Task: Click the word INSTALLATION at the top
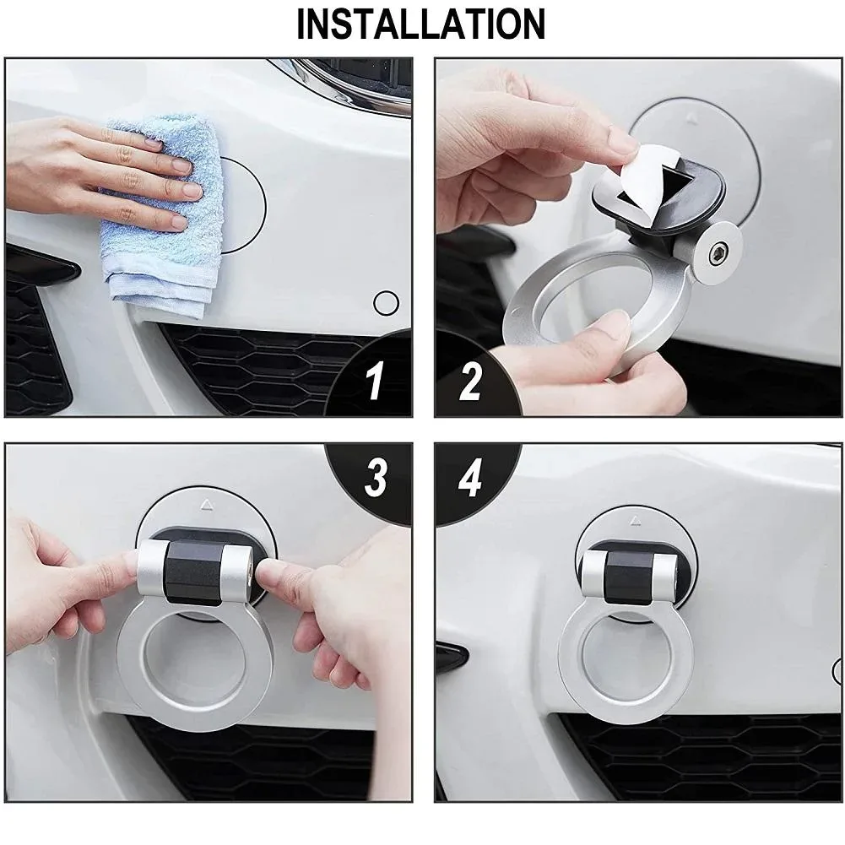pos(421,24)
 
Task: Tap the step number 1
pos(374,381)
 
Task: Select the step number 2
pos(470,381)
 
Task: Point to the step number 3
pos(375,478)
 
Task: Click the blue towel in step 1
pos(162,215)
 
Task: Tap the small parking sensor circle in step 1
pos(386,303)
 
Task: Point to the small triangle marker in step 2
pos(692,116)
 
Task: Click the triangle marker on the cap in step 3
pos(207,505)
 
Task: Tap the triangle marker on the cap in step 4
pos(636,521)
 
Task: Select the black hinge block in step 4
pos(628,577)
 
